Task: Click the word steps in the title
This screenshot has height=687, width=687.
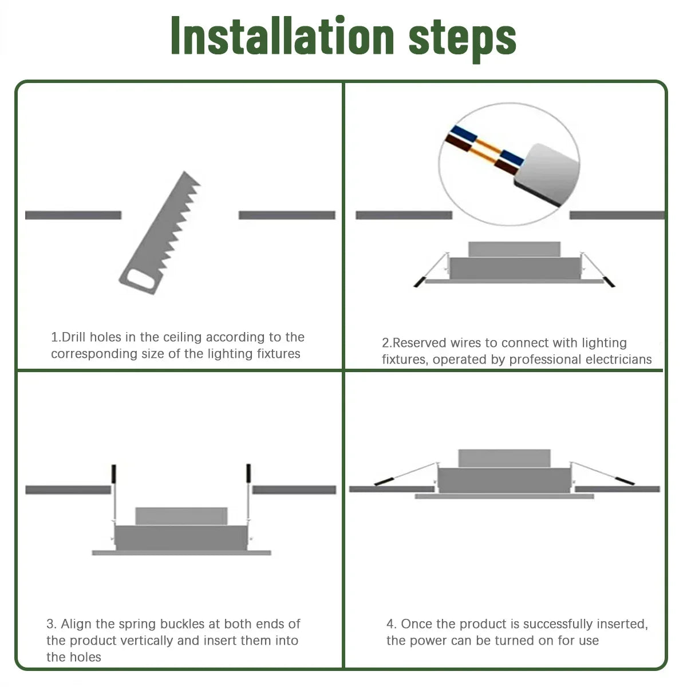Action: coord(462,37)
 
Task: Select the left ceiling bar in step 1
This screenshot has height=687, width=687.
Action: coord(73,215)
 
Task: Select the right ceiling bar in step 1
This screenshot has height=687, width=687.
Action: coord(287,215)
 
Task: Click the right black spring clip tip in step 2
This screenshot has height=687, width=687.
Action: coord(609,282)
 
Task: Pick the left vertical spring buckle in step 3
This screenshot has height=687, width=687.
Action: coord(113,474)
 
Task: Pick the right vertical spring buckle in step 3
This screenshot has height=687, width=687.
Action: coord(248,474)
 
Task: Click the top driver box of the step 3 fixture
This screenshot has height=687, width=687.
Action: coord(181,516)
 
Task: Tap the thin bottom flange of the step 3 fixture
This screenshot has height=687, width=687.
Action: coord(181,552)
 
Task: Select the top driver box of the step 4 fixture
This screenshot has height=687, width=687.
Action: coord(504,458)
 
